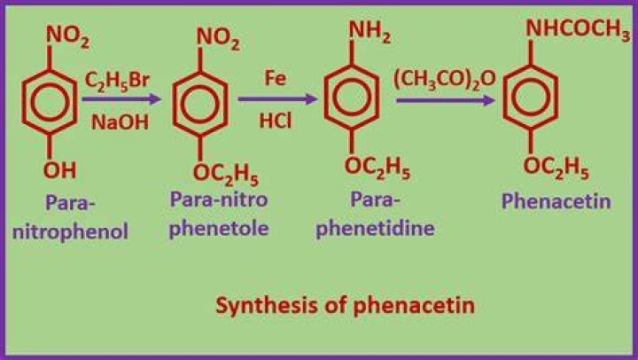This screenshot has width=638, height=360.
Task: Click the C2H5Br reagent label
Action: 117,81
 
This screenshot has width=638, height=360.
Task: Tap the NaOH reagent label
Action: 120,122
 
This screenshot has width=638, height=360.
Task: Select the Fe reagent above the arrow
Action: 276,78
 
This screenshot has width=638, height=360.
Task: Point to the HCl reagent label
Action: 276,121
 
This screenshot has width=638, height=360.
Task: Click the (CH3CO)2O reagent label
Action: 445,79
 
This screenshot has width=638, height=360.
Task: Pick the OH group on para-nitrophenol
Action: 60,170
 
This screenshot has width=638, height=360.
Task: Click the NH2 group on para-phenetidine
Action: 370,32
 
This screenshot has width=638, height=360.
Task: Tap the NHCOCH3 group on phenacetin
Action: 578,29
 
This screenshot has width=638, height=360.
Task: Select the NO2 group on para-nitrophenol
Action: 67,36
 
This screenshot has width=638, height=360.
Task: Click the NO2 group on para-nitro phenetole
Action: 218,38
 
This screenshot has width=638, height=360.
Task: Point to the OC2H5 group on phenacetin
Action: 556,168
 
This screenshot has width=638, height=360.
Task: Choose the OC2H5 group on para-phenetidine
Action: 377,168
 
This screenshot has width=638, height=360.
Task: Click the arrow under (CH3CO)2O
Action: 446,100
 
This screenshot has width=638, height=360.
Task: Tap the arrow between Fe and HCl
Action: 277,99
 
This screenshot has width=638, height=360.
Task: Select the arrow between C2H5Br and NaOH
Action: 121,99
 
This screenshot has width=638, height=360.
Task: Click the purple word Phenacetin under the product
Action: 556,201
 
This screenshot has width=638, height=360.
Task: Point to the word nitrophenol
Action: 70,231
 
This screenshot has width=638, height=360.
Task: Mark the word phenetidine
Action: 375,228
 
